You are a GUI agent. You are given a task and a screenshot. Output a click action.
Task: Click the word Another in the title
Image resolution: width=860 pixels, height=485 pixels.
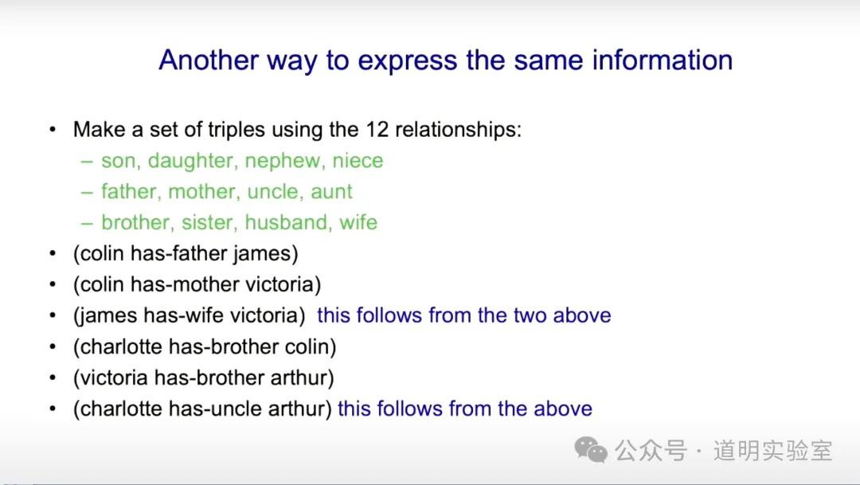(x=209, y=60)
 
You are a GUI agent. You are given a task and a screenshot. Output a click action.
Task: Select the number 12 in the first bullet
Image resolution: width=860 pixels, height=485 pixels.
(x=377, y=130)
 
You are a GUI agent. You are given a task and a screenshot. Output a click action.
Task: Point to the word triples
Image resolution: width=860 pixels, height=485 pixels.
(x=238, y=131)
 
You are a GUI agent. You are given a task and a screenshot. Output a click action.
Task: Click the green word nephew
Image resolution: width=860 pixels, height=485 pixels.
(x=283, y=162)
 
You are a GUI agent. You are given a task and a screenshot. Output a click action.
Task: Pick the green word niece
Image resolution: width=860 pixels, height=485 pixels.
(x=358, y=161)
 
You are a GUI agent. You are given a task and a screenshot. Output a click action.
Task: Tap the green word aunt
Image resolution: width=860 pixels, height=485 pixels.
(x=331, y=192)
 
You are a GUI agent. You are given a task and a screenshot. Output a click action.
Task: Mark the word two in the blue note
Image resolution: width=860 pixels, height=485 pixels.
(x=532, y=316)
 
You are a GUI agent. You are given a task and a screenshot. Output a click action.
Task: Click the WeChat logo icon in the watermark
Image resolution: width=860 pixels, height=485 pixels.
(x=591, y=451)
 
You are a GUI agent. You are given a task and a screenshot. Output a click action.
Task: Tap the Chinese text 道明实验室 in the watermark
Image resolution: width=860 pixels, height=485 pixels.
(x=772, y=451)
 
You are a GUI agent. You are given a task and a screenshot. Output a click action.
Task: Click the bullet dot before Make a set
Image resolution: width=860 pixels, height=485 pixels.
(x=53, y=130)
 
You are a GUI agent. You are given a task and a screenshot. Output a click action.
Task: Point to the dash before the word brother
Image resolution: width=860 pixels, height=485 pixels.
(x=87, y=223)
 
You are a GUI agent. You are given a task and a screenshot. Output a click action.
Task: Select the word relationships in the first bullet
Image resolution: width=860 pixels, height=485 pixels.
(x=459, y=131)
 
